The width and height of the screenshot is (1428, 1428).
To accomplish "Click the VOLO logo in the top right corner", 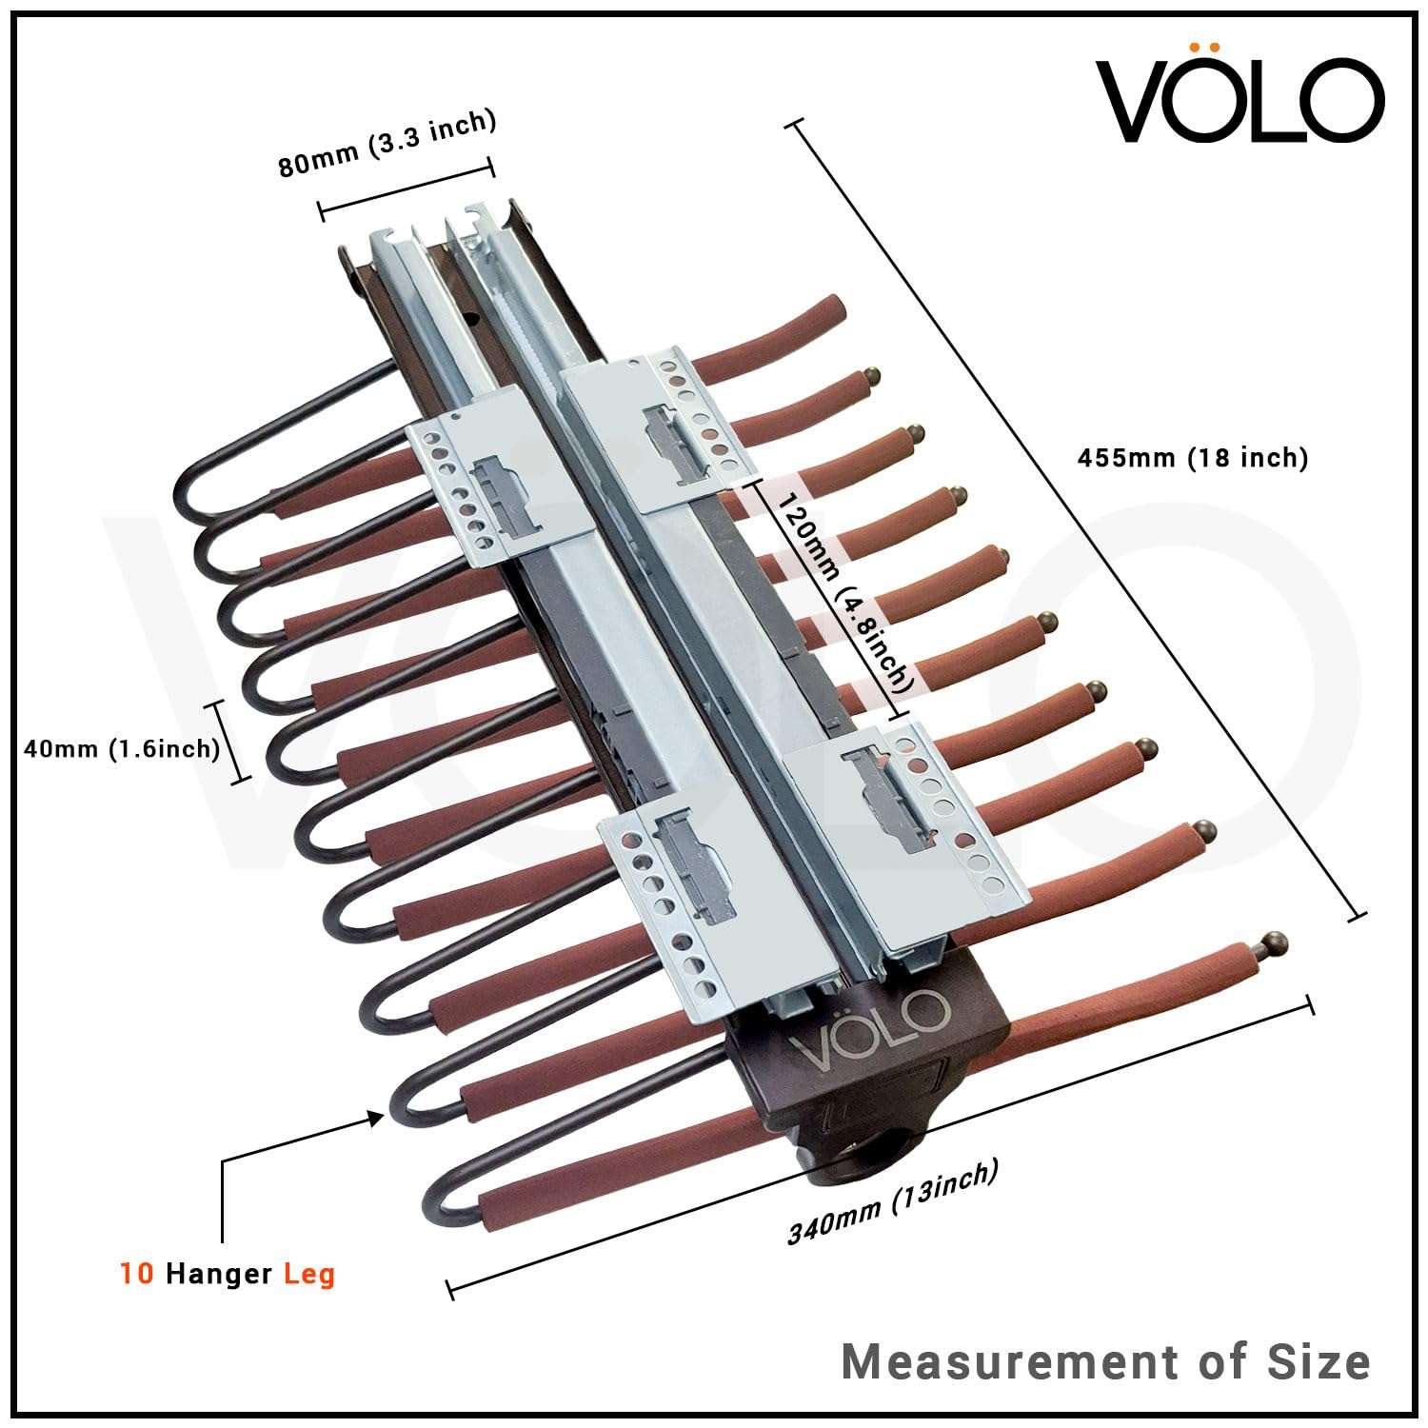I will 1240,99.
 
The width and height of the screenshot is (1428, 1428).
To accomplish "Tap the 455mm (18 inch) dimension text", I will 1192,458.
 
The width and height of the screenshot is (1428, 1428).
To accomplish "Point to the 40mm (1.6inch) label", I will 121,748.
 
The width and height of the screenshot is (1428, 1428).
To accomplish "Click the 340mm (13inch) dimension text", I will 892,1201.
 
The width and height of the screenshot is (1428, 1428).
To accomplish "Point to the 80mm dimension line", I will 406,188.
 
